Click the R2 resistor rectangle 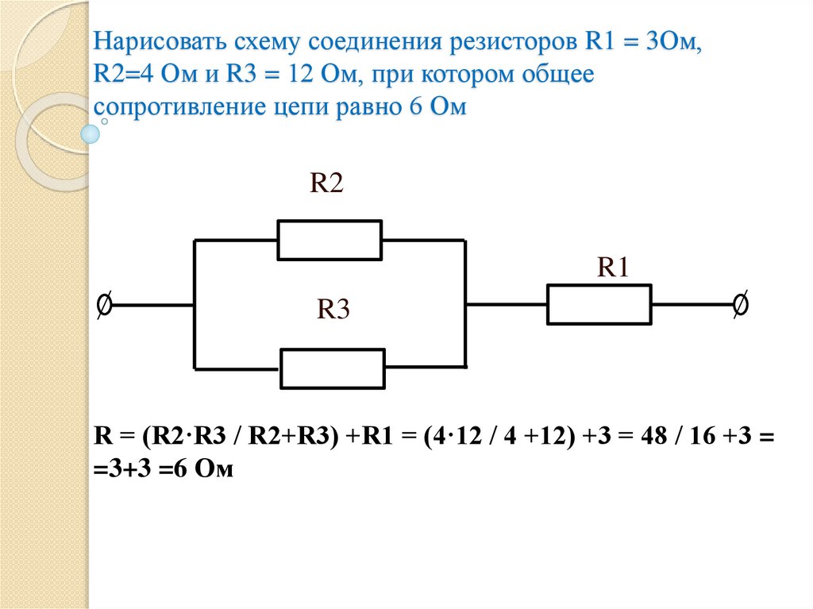pos(329,239)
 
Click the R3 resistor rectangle pos(333,368)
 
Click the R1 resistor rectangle pos(599,303)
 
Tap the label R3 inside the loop pos(333,310)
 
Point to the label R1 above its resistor pos(613,268)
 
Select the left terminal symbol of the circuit pos(103,304)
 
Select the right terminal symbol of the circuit pos(739,304)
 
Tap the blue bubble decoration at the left pos(91,133)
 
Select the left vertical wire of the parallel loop pos(195,304)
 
